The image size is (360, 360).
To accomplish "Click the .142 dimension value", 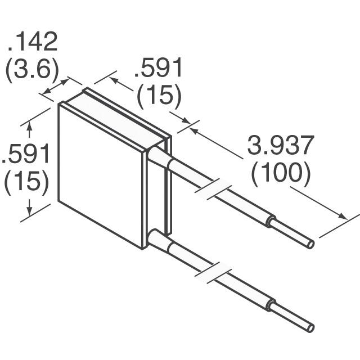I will [x=33, y=42].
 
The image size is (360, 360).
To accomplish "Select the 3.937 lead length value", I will [x=280, y=146].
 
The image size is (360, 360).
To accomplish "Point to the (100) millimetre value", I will [x=280, y=174].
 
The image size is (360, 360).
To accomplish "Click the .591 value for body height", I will [x=26, y=154].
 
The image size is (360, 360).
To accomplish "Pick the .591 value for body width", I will [x=158, y=69].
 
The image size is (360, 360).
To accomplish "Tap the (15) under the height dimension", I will [x=26, y=183].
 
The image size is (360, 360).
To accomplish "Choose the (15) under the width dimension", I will [x=158, y=97].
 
